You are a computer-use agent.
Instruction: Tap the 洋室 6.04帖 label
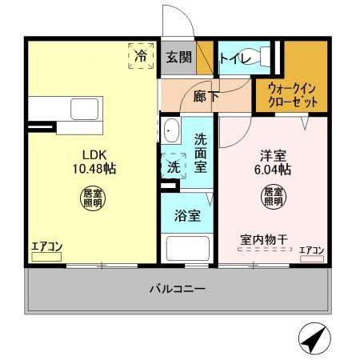(273, 162)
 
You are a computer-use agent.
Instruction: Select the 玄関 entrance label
(179, 58)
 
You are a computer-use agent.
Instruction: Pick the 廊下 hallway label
(206, 96)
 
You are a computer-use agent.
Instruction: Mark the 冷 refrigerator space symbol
(141, 58)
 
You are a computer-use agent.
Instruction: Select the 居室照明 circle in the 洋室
(273, 197)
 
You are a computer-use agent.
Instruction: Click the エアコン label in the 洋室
(311, 250)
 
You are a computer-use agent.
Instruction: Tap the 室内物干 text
(263, 238)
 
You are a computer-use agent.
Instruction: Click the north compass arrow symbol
(313, 339)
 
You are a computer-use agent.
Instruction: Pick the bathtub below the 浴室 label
(187, 249)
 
